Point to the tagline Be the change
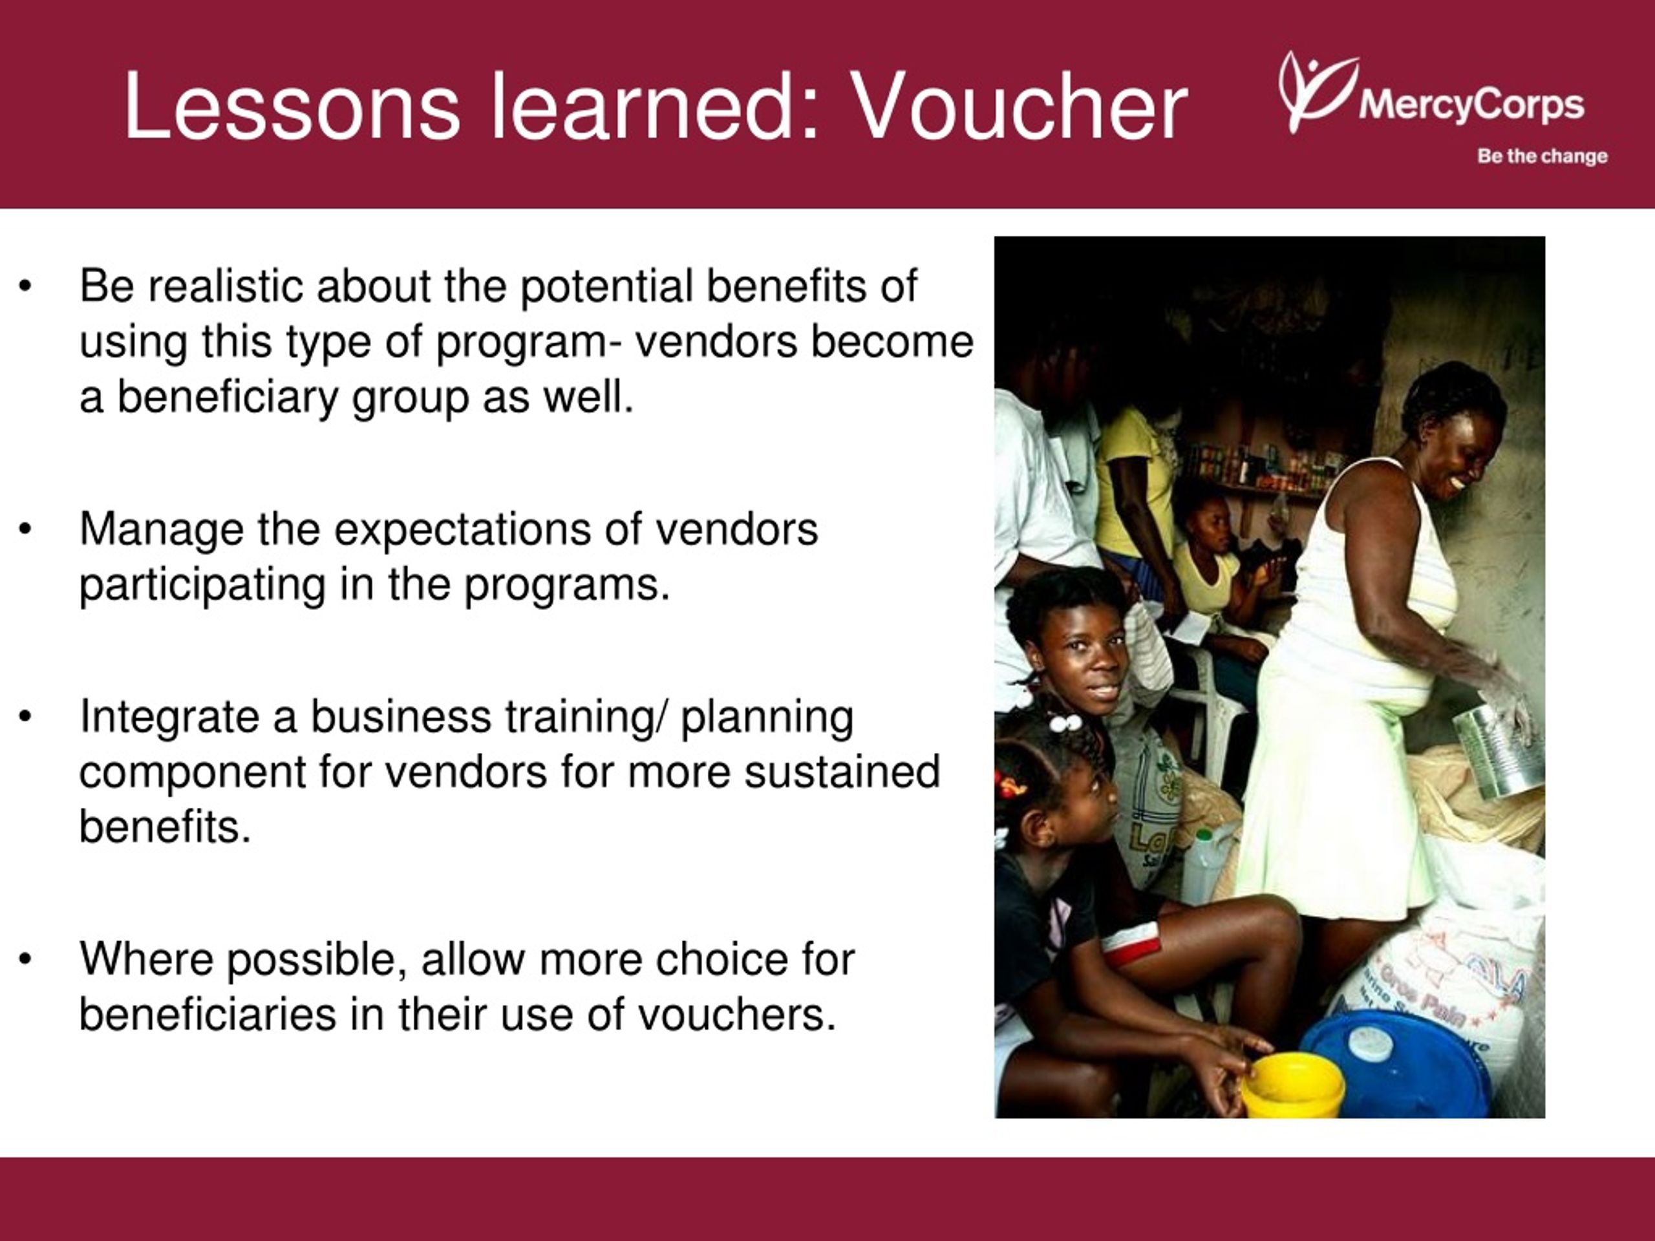point(1542,156)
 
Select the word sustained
point(842,771)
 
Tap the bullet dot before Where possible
point(25,960)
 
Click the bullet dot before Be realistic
point(25,286)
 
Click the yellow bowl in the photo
point(1293,1084)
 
